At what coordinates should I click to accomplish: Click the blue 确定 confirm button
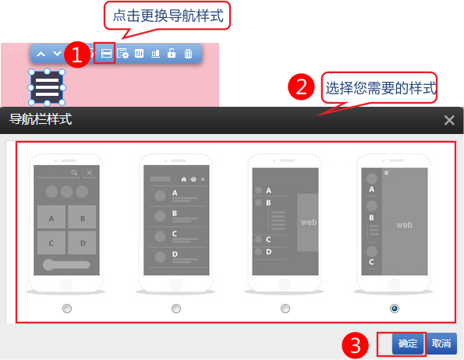[x=408, y=344]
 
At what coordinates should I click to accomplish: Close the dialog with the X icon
[x=449, y=120]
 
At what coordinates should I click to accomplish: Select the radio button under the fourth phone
[x=394, y=309]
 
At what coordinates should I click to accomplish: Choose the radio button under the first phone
[x=67, y=309]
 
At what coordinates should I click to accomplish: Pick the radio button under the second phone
[x=176, y=309]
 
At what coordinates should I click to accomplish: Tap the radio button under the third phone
[x=285, y=309]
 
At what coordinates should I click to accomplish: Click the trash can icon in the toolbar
[x=188, y=54]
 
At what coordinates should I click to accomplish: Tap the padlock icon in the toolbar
[x=172, y=53]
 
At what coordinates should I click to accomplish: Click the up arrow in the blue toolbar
[x=41, y=54]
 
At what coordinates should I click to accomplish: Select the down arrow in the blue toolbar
[x=57, y=54]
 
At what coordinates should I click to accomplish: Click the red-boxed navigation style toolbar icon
[x=106, y=53]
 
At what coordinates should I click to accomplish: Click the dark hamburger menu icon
[x=47, y=87]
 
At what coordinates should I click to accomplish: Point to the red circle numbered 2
[x=301, y=87]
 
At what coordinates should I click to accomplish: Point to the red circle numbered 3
[x=355, y=345]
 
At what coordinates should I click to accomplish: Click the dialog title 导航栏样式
[x=41, y=119]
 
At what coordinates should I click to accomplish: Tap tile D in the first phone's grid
[x=82, y=242]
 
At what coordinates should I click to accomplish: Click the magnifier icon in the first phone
[x=74, y=172]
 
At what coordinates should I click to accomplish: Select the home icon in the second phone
[x=184, y=179]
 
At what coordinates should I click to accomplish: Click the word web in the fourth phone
[x=404, y=225]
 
